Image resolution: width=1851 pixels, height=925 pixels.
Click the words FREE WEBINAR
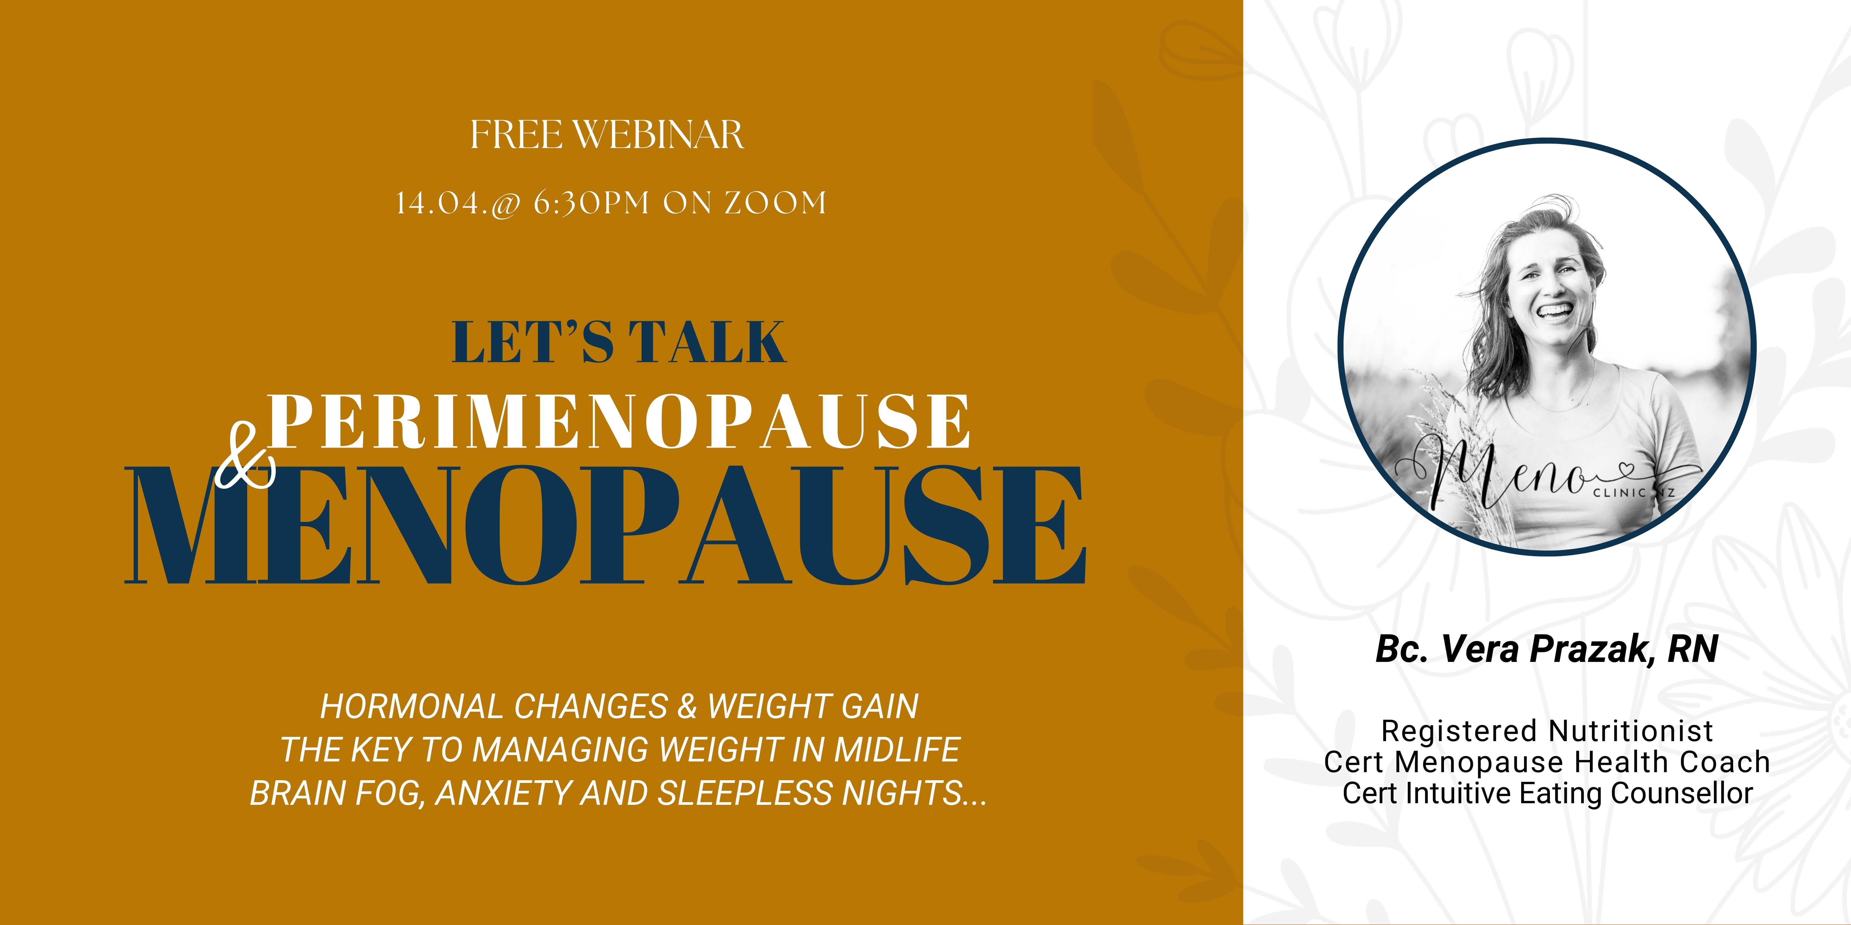(607, 135)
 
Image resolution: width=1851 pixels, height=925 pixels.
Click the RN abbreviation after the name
(1692, 649)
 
